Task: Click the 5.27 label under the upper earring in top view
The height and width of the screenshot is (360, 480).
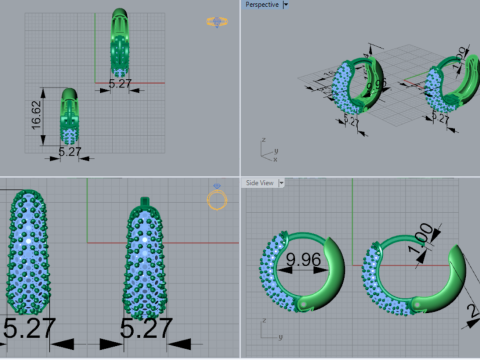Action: click(x=119, y=84)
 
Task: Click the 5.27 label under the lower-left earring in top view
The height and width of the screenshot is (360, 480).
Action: click(x=70, y=152)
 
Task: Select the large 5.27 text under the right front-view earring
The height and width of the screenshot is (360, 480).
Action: click(x=146, y=328)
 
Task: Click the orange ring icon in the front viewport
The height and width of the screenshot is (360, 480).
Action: click(x=217, y=199)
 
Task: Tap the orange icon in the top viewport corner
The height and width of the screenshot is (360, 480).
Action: click(x=216, y=21)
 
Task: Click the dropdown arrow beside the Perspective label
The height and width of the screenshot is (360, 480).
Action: click(x=286, y=5)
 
